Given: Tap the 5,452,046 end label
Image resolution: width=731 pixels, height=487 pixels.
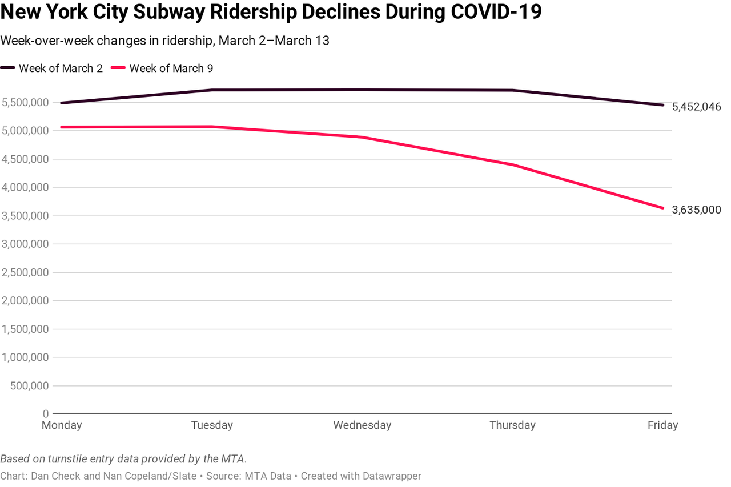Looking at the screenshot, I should [x=696, y=107].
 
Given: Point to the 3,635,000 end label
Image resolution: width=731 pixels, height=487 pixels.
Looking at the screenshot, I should [x=696, y=210].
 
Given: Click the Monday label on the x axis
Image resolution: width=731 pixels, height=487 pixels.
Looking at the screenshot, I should [x=62, y=425].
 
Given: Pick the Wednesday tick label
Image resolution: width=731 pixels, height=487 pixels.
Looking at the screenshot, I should [x=362, y=425].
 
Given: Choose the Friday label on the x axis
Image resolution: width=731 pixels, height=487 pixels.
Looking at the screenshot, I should [x=662, y=425].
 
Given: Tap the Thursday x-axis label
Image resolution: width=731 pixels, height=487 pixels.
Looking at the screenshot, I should [x=512, y=425].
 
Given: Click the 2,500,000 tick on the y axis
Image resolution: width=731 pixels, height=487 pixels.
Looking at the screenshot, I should [x=25, y=272].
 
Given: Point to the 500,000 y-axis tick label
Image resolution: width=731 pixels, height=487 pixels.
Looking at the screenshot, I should [x=29, y=385].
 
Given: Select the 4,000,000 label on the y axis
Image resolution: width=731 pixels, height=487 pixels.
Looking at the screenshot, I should [x=25, y=187].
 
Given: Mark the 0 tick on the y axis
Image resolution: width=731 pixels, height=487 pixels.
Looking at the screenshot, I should [x=46, y=413].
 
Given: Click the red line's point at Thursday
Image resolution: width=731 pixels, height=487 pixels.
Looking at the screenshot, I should [x=513, y=165].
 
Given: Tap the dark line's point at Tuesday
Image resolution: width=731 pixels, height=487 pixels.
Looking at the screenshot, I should [x=212, y=90].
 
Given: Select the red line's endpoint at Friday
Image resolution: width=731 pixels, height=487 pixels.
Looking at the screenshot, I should [x=663, y=208].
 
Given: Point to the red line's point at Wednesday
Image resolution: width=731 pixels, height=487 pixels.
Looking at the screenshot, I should [x=363, y=137].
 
